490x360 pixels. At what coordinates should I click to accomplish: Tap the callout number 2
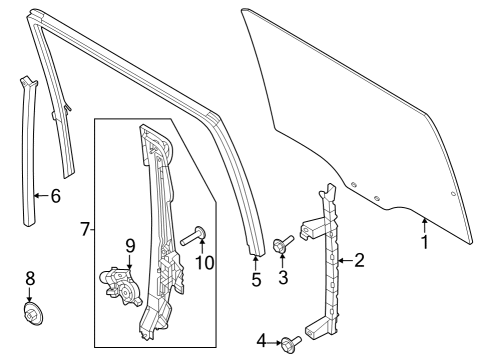click(359, 261)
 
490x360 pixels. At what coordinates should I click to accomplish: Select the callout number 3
click(283, 277)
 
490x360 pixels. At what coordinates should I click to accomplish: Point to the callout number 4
click(261, 342)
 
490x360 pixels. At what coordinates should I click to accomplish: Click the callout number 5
click(256, 281)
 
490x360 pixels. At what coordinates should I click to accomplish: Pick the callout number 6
click(55, 196)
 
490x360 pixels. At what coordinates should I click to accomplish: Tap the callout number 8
click(30, 277)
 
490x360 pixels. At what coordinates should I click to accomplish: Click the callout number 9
click(129, 244)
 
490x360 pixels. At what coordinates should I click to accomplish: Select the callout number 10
click(205, 263)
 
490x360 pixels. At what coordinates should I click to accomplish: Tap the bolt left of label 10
click(193, 236)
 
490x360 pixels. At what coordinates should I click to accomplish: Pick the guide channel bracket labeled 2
click(327, 260)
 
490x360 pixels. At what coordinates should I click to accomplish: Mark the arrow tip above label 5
click(253, 258)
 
